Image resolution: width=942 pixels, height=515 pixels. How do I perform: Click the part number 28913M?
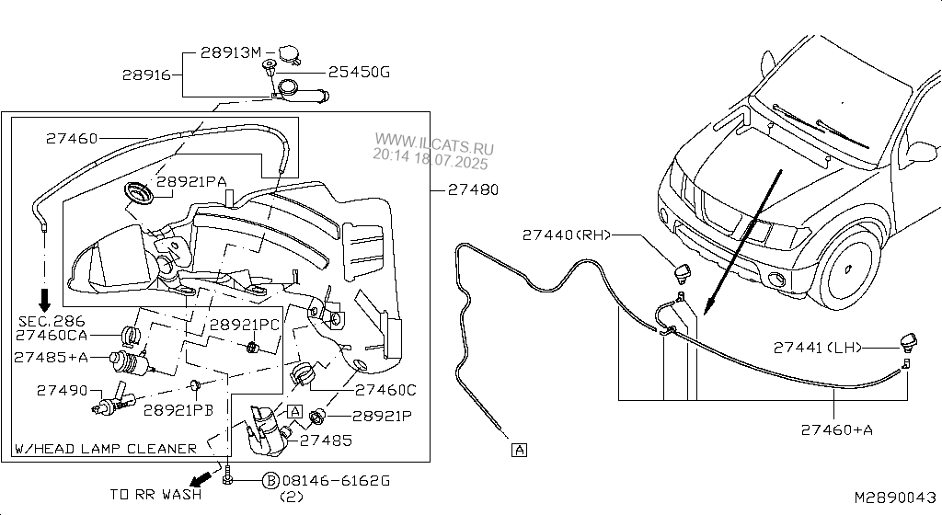tap(230, 53)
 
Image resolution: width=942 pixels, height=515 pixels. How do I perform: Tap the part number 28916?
tap(146, 75)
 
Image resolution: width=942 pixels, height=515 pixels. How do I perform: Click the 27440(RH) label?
tap(567, 235)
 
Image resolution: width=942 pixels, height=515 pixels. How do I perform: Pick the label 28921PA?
tap(190, 182)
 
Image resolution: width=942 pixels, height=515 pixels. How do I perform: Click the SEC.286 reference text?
tap(52, 321)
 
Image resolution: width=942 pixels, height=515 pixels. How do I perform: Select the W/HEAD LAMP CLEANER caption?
tap(105, 449)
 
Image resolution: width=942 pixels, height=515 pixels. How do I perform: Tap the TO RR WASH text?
tap(155, 495)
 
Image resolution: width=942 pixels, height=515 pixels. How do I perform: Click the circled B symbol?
tap(270, 480)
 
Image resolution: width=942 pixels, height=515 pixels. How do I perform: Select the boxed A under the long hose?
tap(521, 450)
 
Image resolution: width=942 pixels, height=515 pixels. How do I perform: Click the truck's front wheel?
tap(852, 264)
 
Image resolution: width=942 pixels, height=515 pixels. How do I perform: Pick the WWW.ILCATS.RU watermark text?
tap(433, 145)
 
